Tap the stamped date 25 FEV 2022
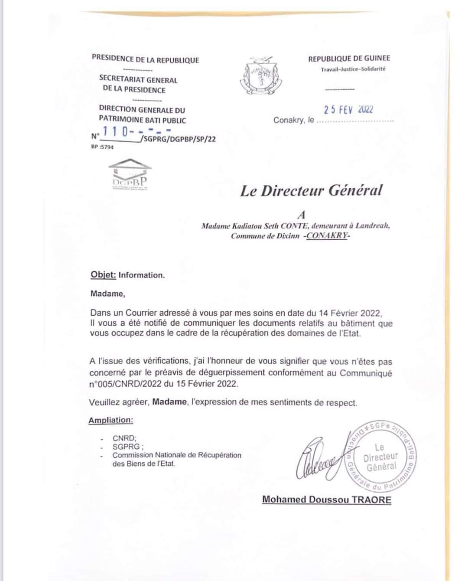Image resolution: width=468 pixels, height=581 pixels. tap(348, 109)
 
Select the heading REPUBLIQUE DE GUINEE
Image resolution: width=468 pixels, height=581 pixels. tap(349, 59)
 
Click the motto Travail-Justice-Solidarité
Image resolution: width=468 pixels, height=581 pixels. tap(353, 69)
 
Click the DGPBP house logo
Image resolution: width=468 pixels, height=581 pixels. tap(130, 175)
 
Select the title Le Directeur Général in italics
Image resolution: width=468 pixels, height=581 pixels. tap(311, 191)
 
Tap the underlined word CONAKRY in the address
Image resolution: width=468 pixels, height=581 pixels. tap(327, 236)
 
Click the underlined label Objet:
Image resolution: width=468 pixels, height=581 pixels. tap(103, 275)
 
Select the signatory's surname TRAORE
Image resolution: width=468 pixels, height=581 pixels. tap(371, 499)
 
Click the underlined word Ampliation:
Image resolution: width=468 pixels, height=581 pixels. tap(111, 420)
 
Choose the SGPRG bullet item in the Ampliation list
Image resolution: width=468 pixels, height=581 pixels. tap(127, 447)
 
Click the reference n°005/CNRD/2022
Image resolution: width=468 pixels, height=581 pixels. tap(126, 384)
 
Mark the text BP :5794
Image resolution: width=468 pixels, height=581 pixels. tap(102, 147)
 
